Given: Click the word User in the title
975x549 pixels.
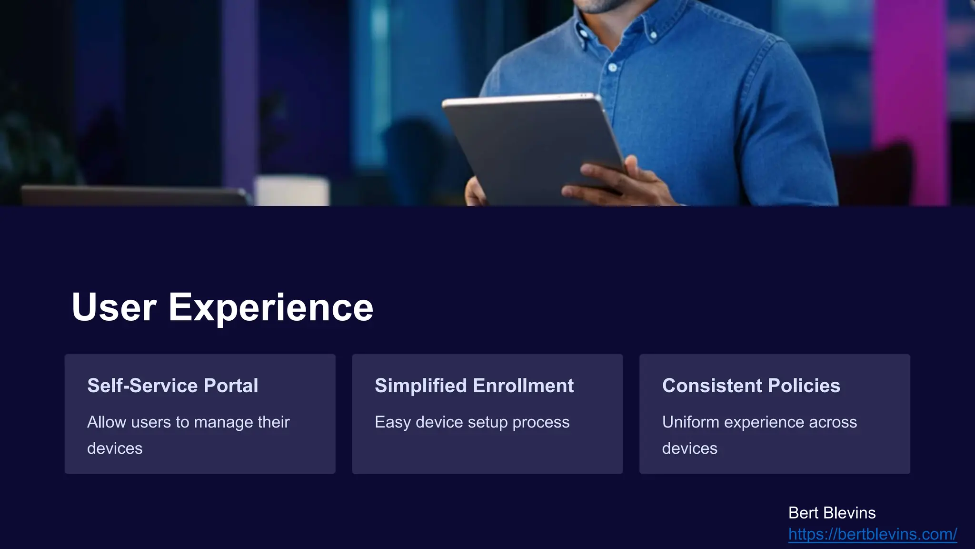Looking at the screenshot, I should [114, 307].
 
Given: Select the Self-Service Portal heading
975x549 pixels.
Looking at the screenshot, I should [172, 386].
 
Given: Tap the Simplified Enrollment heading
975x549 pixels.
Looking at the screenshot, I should [474, 386].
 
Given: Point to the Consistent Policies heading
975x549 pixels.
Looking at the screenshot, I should [751, 386].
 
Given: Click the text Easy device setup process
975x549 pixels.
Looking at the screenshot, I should [472, 422].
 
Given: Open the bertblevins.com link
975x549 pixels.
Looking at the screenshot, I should [872, 534].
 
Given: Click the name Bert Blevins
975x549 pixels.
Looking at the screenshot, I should [832, 513].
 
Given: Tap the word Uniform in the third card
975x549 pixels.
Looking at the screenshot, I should [690, 422].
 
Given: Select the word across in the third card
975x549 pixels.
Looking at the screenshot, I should [833, 422].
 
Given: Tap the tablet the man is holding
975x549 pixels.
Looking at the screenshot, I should [528, 143].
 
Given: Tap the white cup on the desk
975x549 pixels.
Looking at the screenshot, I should [291, 191].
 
